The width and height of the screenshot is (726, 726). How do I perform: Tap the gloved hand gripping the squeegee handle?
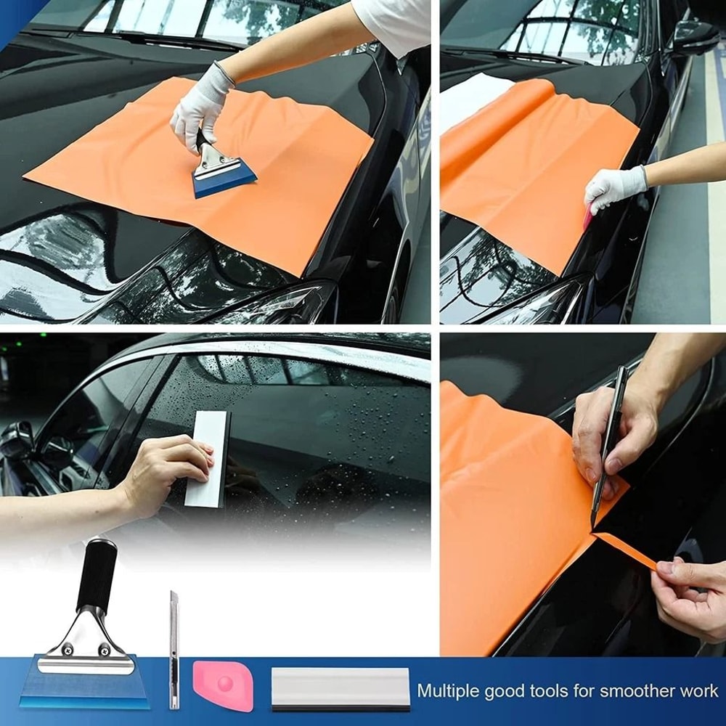(x=200, y=109)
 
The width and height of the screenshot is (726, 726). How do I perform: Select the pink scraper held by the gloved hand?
(x=587, y=216)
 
